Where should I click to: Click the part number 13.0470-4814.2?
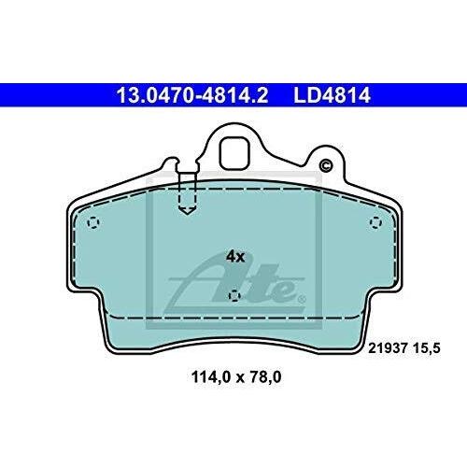click(x=191, y=95)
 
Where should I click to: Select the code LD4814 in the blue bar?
click(x=332, y=95)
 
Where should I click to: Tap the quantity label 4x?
click(x=235, y=257)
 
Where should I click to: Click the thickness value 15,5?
click(x=427, y=348)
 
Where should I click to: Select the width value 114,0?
click(x=210, y=377)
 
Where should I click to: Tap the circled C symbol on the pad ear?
click(x=326, y=165)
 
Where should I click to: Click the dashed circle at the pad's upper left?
click(x=93, y=223)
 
